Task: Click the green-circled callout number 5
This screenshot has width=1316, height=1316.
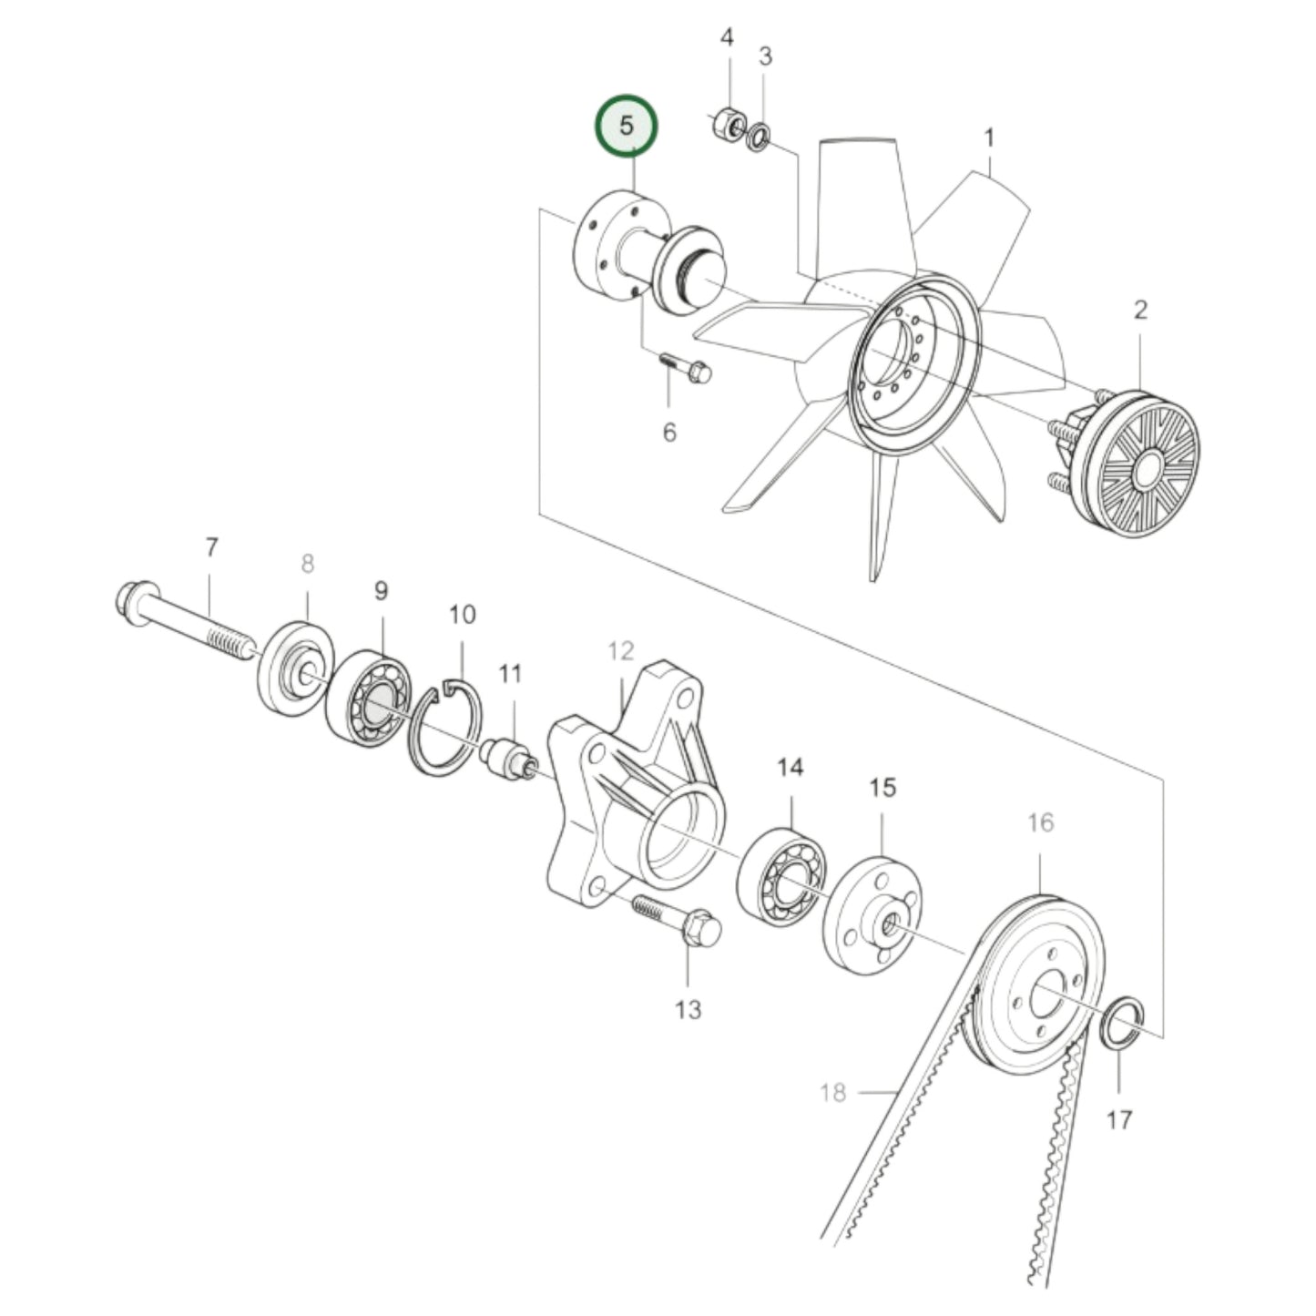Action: (626, 126)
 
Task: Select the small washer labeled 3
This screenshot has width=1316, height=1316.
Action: (758, 139)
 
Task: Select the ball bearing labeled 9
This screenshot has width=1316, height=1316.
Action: (368, 698)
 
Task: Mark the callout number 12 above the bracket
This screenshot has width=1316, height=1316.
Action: (621, 652)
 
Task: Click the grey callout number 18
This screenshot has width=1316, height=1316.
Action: (832, 1091)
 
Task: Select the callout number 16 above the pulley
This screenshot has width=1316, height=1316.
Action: (1040, 823)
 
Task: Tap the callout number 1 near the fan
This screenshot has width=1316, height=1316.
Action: (989, 138)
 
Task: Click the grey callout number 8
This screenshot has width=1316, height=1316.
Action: (307, 565)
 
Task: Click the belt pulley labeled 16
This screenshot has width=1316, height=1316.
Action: (1038, 984)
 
